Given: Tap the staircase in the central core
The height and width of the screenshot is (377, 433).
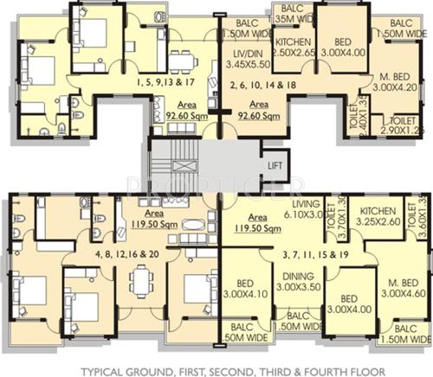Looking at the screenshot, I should click(x=184, y=162).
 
